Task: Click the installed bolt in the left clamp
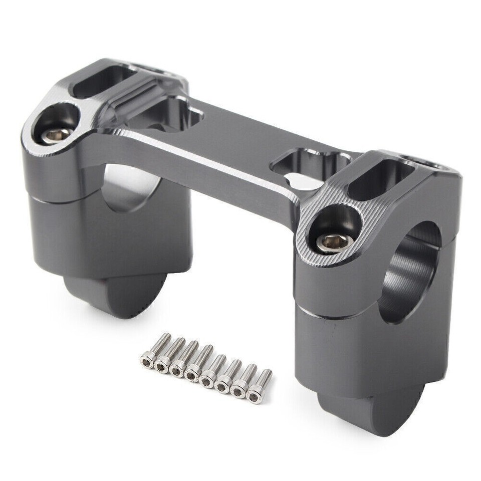[x=56, y=134]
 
